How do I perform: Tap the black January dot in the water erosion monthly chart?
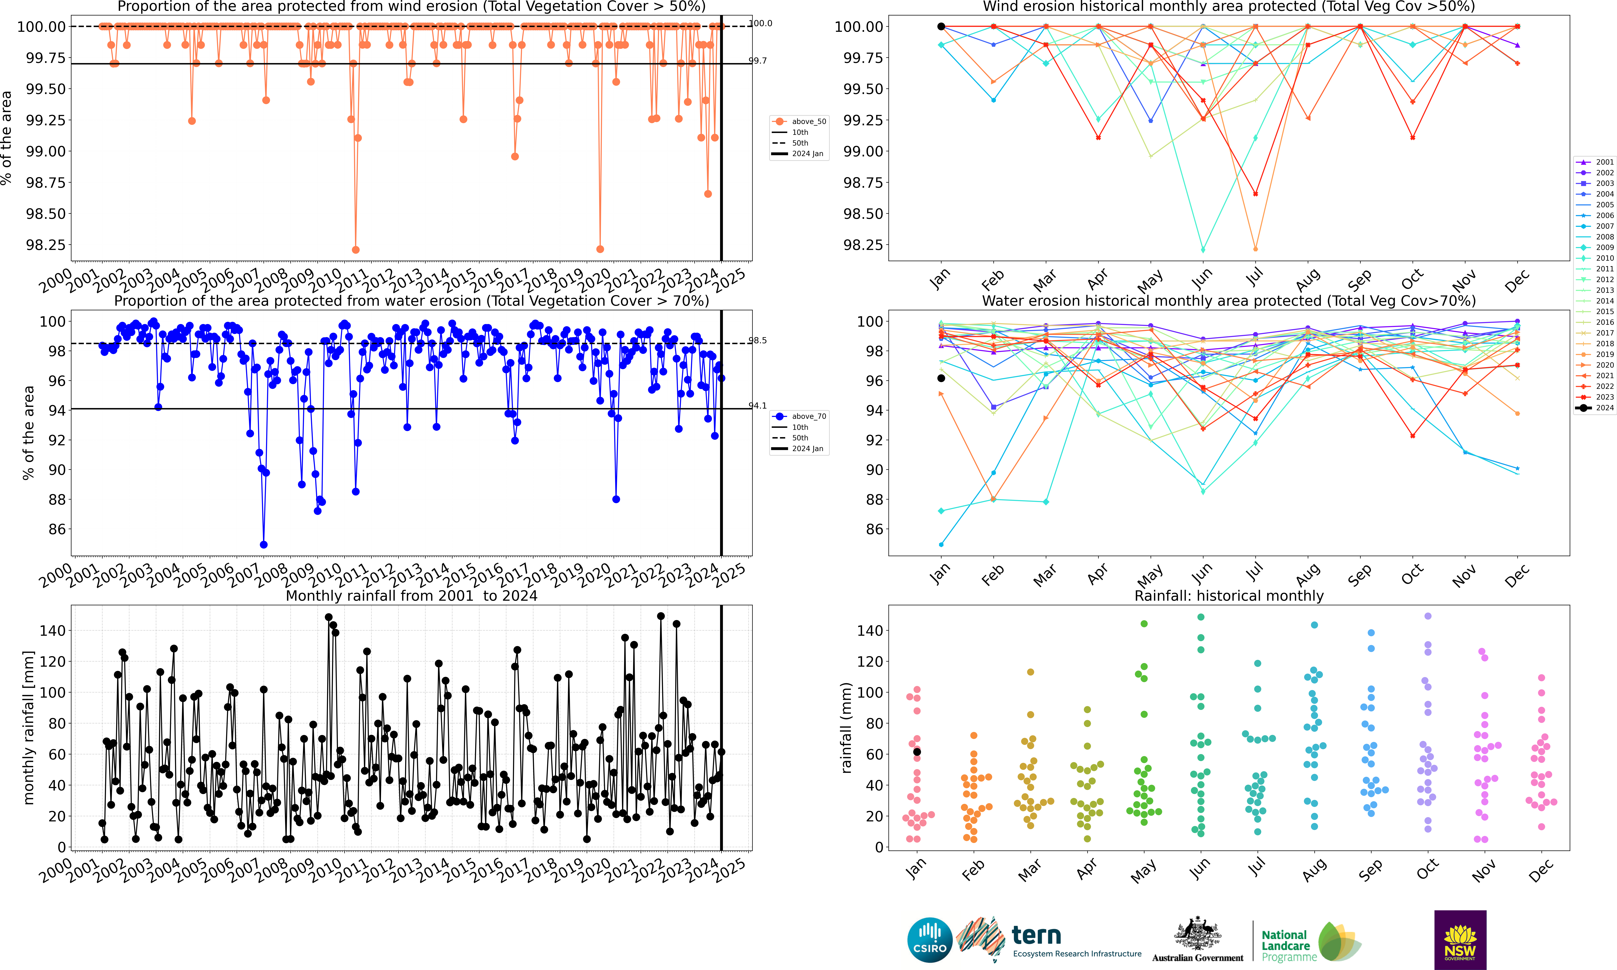tap(941, 378)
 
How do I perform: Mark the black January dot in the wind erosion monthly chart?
tap(941, 27)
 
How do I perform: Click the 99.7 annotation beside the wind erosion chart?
tap(758, 61)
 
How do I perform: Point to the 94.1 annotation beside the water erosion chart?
tap(758, 406)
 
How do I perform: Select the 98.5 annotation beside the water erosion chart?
tap(758, 341)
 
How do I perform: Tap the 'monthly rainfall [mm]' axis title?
tap(28, 728)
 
